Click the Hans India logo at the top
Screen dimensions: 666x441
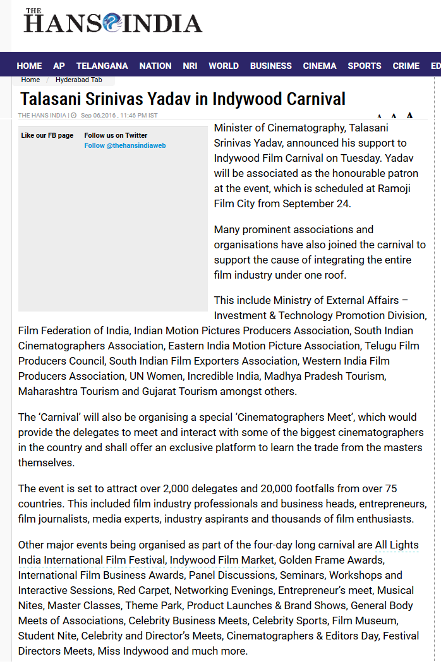point(112,22)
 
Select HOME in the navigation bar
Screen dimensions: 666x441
point(29,66)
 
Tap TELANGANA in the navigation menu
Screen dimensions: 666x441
point(102,66)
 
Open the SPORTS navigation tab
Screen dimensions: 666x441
point(365,66)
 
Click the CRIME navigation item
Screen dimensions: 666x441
point(406,66)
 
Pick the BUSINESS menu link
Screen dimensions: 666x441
point(270,66)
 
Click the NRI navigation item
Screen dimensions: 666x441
point(190,66)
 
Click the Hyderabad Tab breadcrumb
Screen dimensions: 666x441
point(78,80)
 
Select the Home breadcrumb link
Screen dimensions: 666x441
point(30,80)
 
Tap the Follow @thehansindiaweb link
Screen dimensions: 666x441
point(125,146)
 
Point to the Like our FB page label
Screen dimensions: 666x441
point(47,136)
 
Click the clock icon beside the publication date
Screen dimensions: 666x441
point(74,116)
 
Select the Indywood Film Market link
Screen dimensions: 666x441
point(222,560)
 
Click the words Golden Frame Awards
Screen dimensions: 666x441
point(331,560)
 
